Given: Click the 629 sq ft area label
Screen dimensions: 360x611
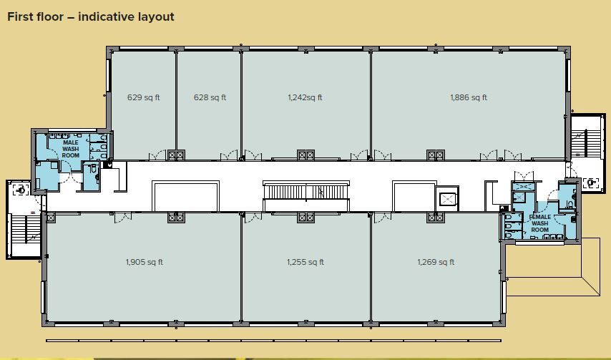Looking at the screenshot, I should [x=143, y=97].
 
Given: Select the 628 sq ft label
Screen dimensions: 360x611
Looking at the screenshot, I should [x=210, y=97].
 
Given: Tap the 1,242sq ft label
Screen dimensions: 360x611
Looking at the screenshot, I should [x=305, y=97].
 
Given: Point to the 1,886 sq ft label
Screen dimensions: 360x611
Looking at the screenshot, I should [x=469, y=97].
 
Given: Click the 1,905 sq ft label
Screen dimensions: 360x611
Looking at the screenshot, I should [x=144, y=262].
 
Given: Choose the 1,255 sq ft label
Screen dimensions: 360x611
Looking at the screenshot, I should [x=305, y=262].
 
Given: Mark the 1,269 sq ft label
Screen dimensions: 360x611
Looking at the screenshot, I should [x=436, y=262].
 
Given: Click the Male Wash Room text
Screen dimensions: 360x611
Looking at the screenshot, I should [x=71, y=148].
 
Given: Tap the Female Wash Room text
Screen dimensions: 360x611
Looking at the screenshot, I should [x=539, y=223].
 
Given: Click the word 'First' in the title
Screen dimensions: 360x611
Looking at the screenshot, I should [x=23, y=16].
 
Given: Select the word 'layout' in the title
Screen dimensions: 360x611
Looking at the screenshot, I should [x=156, y=16].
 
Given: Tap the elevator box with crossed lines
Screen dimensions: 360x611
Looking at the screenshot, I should [x=448, y=198].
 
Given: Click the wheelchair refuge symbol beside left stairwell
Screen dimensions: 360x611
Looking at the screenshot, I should [x=20, y=189].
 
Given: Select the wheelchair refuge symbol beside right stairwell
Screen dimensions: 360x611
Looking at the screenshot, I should [x=591, y=183].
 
